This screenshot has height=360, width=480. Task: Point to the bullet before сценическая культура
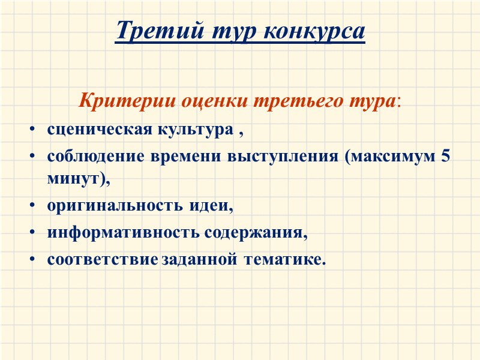tap(31, 130)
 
